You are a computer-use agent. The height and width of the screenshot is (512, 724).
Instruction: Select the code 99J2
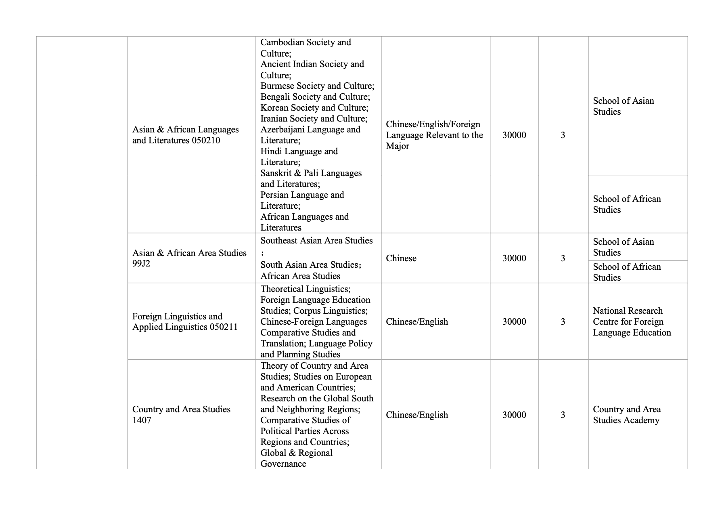pos(141,264)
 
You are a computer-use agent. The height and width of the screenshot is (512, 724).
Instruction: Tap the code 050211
pos(224,327)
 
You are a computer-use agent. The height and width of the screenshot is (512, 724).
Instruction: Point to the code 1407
pos(142,420)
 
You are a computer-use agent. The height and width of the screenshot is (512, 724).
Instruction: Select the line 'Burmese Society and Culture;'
pos(317,86)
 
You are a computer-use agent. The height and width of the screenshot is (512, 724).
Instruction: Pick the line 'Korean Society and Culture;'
pos(314,108)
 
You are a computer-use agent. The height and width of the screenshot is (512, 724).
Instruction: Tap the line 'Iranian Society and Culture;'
pos(314,119)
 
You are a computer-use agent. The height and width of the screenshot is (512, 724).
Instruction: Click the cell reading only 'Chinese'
pos(401,258)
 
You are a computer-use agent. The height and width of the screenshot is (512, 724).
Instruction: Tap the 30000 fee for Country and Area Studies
pos(514,415)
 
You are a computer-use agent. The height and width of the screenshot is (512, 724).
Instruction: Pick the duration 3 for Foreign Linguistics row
pos(563,322)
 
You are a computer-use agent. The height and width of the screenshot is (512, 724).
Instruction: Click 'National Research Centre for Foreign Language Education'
pos(632,322)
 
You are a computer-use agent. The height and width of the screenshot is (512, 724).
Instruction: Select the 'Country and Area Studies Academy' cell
pos(627,415)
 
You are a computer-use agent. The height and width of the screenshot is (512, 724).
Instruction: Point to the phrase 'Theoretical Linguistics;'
pos(306,289)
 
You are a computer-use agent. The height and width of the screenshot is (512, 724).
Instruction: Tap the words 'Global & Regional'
pos(296,453)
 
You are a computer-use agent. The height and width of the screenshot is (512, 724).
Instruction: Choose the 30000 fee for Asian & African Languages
pos(514,135)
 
